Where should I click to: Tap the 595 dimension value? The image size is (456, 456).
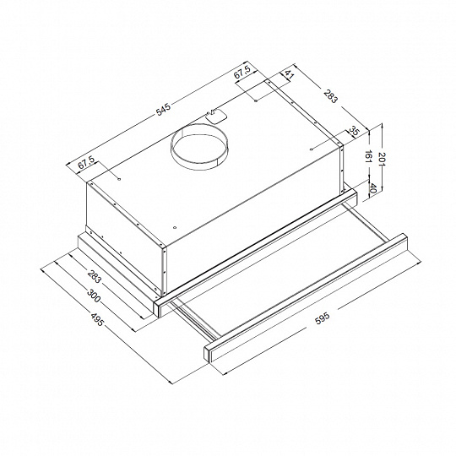pyautogui.click(x=323, y=318)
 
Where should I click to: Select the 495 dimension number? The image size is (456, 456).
pyautogui.click(x=97, y=319)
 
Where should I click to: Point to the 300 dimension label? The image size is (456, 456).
pyautogui.click(x=94, y=295)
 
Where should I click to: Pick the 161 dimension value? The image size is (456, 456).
pyautogui.click(x=368, y=158)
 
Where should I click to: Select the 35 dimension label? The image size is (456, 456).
pyautogui.click(x=354, y=131)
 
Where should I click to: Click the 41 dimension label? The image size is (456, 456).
pyautogui.click(x=289, y=74)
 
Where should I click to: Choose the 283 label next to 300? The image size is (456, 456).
pyautogui.click(x=95, y=277)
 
